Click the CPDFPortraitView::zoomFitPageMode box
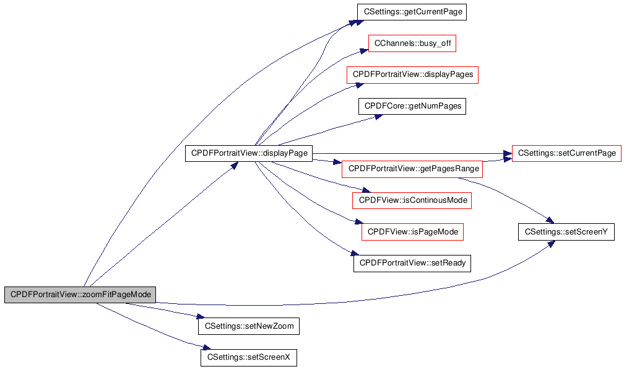[80, 295]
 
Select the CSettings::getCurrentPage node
[412, 12]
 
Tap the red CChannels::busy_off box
[412, 43]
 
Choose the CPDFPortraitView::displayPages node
[413, 75]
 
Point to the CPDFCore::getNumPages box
[412, 107]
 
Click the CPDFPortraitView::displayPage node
[249, 153]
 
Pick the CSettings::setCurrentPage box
[566, 153]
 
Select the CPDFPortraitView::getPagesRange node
[413, 169]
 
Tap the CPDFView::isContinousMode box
[412, 200]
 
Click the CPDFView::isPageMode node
[413, 232]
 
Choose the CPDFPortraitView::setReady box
[412, 264]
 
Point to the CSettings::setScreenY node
[566, 232]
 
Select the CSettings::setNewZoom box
[249, 326]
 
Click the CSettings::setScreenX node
[249, 357]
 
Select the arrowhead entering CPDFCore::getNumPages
[378, 117]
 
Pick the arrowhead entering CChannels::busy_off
[364, 51]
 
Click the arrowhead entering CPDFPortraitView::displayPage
[234, 165]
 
